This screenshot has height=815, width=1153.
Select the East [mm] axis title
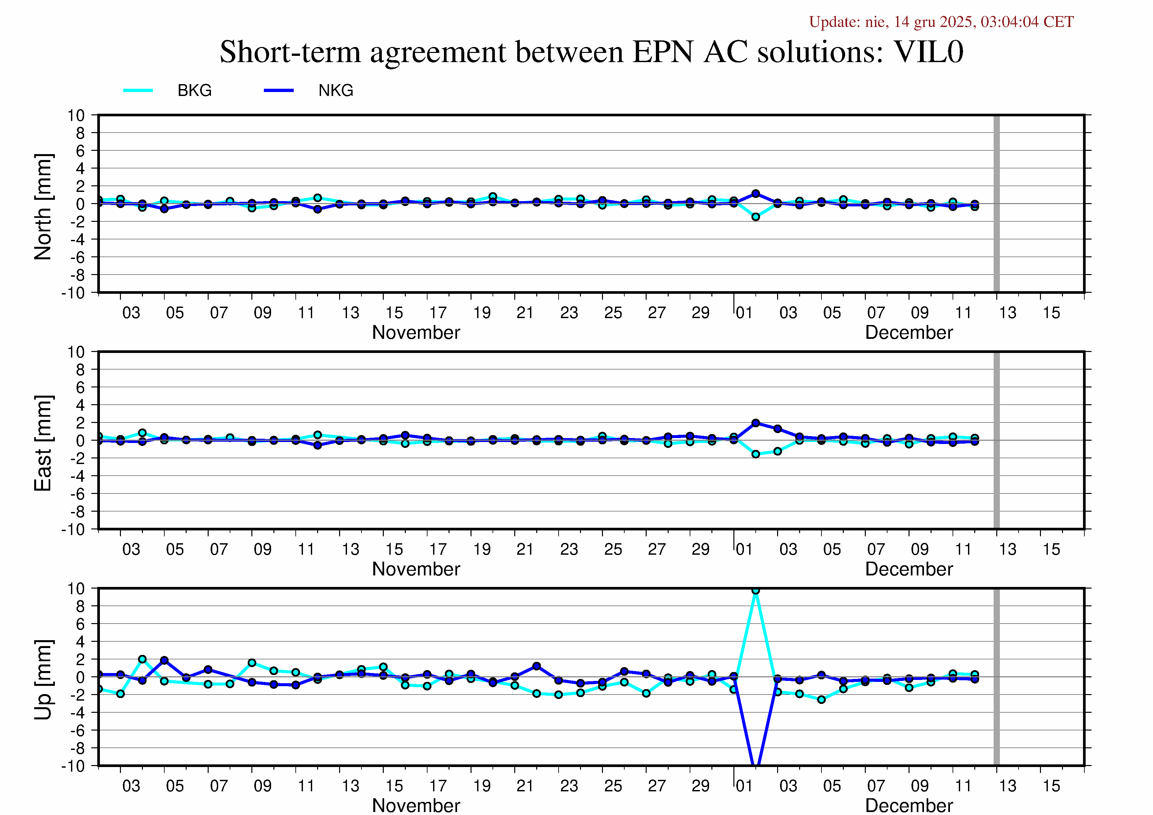(43, 443)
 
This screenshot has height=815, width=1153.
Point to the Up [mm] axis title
(43, 679)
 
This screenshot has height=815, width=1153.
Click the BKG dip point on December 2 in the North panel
(755, 217)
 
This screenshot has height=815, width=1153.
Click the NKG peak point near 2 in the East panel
(755, 423)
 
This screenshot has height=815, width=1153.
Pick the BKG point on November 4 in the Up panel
(142, 659)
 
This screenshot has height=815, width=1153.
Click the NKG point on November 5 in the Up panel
(164, 660)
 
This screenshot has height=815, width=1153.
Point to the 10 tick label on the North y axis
(76, 115)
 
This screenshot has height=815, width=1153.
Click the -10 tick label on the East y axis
(73, 529)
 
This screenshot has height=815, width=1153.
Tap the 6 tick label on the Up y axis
(81, 624)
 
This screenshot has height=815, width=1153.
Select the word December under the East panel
(909, 569)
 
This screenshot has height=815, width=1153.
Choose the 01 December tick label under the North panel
(744, 313)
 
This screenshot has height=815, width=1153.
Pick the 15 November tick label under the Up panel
(394, 786)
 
